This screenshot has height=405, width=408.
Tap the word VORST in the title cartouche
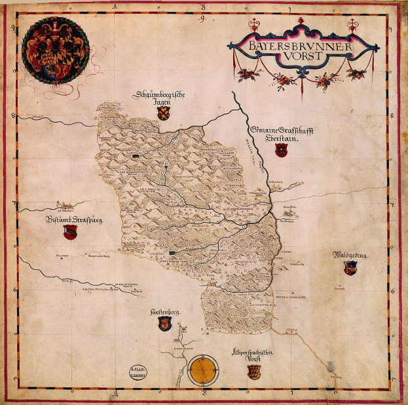[301, 56]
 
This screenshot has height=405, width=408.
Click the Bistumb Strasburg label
[75, 220]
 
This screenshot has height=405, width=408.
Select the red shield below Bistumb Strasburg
[70, 233]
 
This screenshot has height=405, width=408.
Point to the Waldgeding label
[352, 255]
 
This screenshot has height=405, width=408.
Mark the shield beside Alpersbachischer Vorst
[253, 372]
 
